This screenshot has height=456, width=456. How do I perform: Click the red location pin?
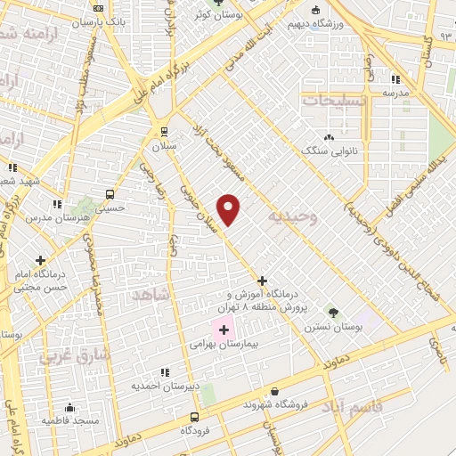click(229, 208)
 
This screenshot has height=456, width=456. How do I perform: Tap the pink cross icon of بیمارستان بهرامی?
click(223, 330)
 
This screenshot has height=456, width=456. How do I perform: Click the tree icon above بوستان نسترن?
click(333, 313)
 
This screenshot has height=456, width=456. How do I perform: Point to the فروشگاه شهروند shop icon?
click(274, 391)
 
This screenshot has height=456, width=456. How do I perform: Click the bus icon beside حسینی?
click(109, 194)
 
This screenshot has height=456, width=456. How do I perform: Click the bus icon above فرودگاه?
click(194, 417)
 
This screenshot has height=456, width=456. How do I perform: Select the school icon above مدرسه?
click(395, 79)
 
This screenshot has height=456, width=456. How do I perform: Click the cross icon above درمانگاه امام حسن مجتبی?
click(40, 260)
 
